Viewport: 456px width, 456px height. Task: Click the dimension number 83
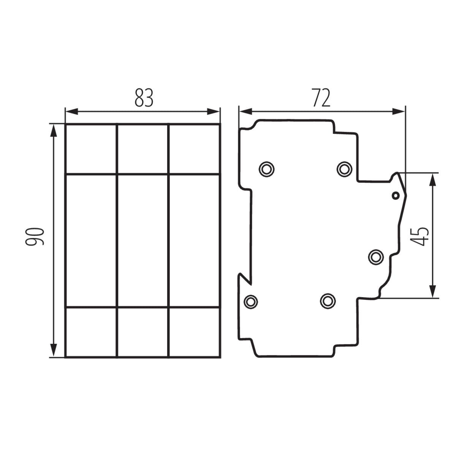[x=144, y=98]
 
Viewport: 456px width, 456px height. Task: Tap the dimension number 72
[x=321, y=98]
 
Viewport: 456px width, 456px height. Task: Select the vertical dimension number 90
[x=35, y=237]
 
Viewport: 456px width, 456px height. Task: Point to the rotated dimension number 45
[x=420, y=237]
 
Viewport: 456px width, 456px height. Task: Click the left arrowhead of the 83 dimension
[x=72, y=111]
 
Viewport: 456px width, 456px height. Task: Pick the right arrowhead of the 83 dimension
[x=214, y=111]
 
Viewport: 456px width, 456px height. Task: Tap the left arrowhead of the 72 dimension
[x=245, y=111]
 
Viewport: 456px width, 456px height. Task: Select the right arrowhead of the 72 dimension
[x=399, y=111]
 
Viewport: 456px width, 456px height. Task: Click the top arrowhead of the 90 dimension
[x=54, y=131]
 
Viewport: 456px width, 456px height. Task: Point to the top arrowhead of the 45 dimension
[x=433, y=180]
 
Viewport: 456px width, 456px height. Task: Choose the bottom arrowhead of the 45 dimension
[x=433, y=291]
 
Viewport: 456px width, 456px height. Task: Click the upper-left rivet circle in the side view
[x=266, y=169]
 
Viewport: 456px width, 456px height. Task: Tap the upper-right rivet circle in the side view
[x=344, y=169]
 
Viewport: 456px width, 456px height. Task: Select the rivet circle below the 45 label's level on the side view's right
[x=376, y=257]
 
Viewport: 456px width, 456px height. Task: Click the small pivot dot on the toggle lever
[x=396, y=196]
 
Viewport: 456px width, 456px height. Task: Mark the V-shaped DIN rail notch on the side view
[x=245, y=279]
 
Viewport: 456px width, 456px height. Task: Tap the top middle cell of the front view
[x=143, y=149]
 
